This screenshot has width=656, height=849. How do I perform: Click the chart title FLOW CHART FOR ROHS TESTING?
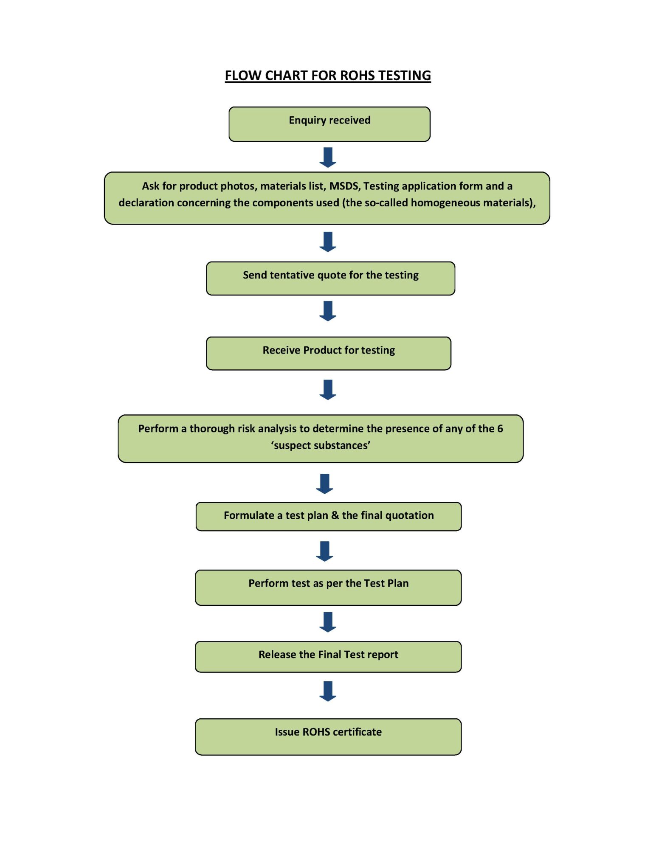(x=327, y=75)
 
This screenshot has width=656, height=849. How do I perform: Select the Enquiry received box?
(x=329, y=124)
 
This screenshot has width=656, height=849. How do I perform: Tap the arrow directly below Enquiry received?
(x=327, y=157)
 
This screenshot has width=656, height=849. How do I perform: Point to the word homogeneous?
(x=445, y=202)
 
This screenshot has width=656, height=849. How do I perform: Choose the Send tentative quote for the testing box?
(x=330, y=278)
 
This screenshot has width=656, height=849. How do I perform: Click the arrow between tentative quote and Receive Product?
(x=327, y=311)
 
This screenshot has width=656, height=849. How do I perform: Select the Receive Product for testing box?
(x=328, y=353)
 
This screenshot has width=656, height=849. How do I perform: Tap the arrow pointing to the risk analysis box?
(x=327, y=389)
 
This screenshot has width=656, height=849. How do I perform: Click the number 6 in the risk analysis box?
(x=500, y=428)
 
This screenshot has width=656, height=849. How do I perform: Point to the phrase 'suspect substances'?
(x=321, y=445)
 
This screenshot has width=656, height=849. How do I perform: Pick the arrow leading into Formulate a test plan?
(x=324, y=484)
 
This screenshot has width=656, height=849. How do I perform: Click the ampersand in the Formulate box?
(x=335, y=515)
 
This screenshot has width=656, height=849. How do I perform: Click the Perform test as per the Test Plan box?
(x=328, y=587)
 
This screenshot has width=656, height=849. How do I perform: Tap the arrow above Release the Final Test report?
(x=327, y=621)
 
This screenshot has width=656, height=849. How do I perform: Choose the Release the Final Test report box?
(x=328, y=656)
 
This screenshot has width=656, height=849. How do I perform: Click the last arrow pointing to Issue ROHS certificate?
(x=327, y=691)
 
